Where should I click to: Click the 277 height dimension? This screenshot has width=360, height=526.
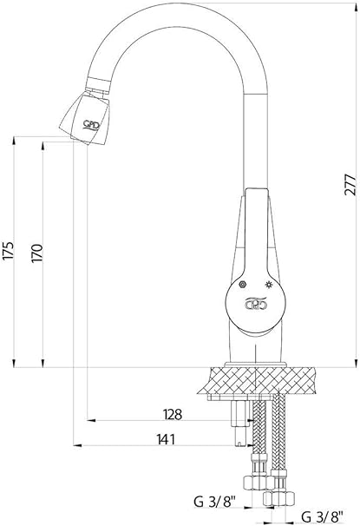click(350, 184)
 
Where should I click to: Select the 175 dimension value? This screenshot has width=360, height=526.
click(9, 250)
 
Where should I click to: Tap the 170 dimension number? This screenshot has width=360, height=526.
click(37, 253)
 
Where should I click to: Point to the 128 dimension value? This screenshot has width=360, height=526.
click(173, 415)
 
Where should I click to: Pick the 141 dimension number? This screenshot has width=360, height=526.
click(166, 439)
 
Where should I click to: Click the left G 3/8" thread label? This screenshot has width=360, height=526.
click(215, 503)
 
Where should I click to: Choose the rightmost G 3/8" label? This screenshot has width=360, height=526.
click(322, 516)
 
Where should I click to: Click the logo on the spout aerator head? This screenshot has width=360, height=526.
click(91, 125)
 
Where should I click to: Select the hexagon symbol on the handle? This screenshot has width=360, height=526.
click(242, 285)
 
